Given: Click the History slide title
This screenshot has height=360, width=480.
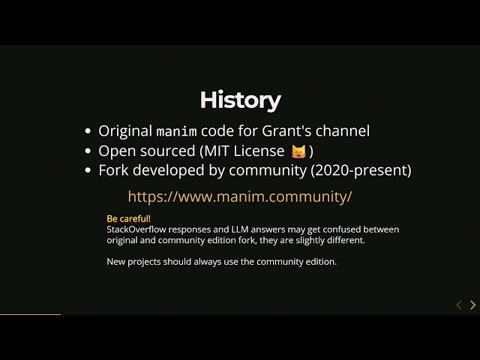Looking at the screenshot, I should (x=240, y=100).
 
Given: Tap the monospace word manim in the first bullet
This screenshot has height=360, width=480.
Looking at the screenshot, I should (x=176, y=131).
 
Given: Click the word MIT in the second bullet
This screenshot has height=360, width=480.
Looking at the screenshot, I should (x=217, y=151).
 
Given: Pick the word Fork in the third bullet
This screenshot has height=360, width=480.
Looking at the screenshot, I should (x=114, y=170).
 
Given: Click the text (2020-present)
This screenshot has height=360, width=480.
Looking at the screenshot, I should (x=363, y=170).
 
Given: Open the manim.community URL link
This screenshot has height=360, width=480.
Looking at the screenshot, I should (x=240, y=196).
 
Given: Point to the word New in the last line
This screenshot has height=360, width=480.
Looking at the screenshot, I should (x=116, y=261).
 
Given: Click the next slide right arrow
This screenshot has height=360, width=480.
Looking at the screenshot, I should (x=472, y=304).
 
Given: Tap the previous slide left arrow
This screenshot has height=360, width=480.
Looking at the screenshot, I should (x=459, y=304).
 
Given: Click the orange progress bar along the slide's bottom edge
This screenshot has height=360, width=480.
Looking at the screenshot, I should (x=30, y=314).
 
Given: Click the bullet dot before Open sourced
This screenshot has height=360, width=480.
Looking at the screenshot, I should (x=90, y=151).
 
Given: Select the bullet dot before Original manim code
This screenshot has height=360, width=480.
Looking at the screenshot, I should (x=90, y=131).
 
